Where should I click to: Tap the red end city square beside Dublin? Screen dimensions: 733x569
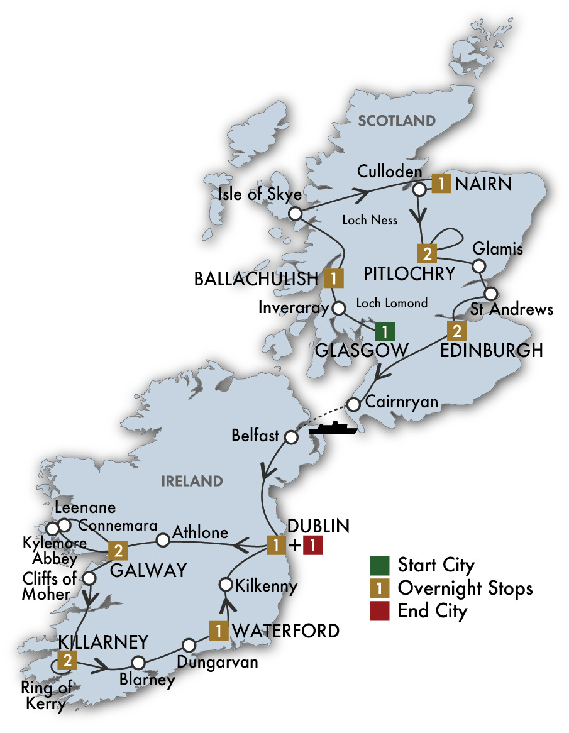[x=312, y=546]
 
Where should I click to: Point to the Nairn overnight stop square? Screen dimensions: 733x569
[x=441, y=184]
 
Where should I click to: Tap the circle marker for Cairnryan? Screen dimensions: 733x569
[x=355, y=403]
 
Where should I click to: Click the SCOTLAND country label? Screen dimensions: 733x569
[x=396, y=121]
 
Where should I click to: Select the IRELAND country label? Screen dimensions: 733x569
[x=192, y=482]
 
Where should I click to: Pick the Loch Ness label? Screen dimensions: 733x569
[x=370, y=220]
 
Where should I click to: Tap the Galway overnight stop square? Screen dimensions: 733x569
[x=118, y=551]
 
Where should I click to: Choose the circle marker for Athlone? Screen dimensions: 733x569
[x=163, y=539]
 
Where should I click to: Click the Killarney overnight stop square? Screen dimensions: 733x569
[x=66, y=660]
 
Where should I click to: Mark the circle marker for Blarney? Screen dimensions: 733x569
[x=138, y=662]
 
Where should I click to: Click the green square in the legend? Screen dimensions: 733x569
[x=378, y=565]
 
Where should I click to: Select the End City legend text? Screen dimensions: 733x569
[x=433, y=610]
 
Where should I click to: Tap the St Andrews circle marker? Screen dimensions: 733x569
[x=490, y=293]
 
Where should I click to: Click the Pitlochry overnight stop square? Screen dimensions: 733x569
[x=427, y=254]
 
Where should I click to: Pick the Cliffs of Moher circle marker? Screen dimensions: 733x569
[x=90, y=577]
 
